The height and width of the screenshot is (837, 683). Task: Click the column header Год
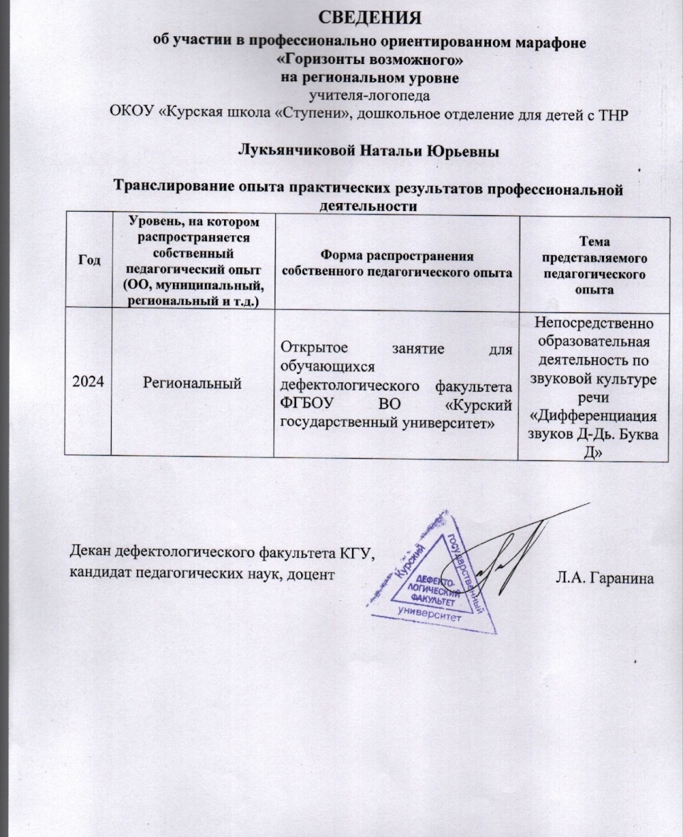[x=88, y=261]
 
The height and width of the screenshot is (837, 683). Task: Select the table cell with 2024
[x=88, y=383]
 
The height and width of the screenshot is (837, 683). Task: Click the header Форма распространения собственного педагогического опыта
[x=397, y=264]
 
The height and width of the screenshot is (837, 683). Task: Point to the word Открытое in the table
[x=310, y=348]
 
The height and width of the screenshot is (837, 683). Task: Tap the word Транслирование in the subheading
[x=172, y=189]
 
